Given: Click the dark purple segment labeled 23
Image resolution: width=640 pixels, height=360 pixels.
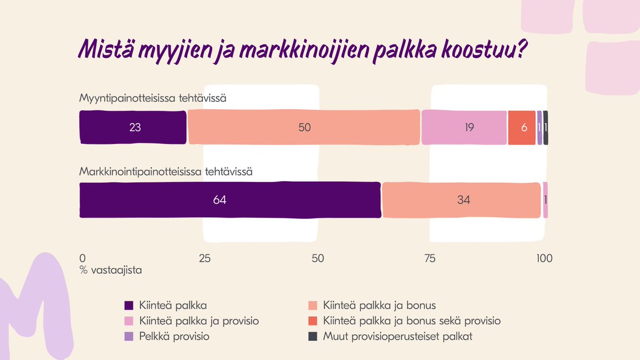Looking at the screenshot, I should (x=133, y=127).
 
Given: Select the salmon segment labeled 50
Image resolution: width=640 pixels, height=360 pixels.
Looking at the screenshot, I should (x=304, y=127).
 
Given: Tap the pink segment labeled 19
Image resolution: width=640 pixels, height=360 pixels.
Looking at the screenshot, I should (x=464, y=127).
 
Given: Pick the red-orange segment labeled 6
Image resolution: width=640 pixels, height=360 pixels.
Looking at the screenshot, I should (x=522, y=127).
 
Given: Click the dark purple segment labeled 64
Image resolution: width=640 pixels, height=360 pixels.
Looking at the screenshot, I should (x=229, y=200).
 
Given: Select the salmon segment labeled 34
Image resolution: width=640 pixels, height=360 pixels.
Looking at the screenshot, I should (x=461, y=200).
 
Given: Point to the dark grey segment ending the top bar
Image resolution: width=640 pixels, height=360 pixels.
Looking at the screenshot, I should (x=546, y=127).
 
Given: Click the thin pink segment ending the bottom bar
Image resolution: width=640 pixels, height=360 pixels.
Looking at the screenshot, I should (x=546, y=200).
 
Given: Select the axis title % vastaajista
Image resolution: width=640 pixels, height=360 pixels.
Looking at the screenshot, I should (x=110, y=270).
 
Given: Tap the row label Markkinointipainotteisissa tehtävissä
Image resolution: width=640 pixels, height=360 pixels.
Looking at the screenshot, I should (x=165, y=172).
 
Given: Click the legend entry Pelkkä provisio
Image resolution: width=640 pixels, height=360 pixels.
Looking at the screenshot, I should (x=174, y=337).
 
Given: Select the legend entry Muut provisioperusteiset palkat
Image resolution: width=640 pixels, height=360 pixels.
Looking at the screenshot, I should (x=397, y=337).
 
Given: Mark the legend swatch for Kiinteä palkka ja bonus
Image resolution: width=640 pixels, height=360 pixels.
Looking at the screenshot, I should (x=313, y=306).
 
